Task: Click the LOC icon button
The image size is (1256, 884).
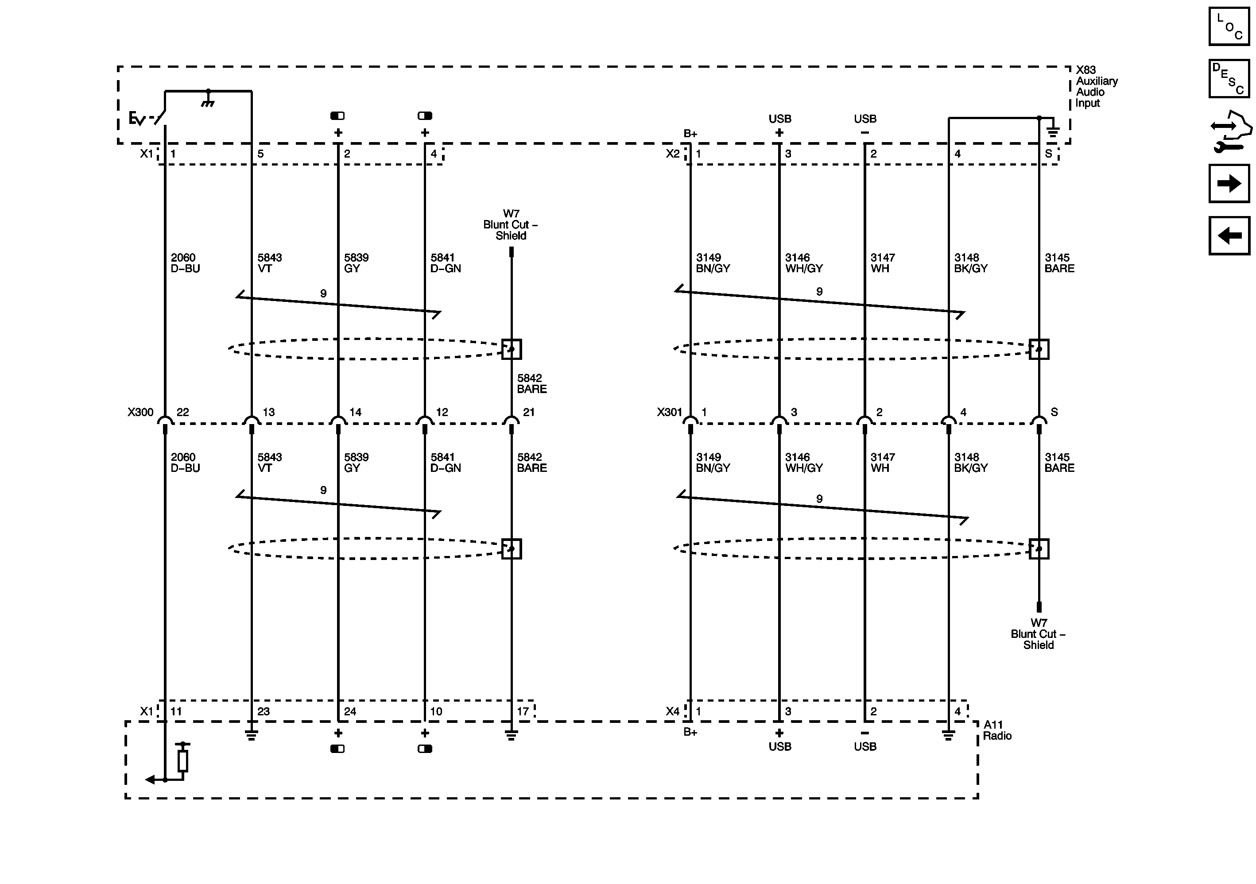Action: point(1229,26)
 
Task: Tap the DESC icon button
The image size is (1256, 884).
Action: point(1229,79)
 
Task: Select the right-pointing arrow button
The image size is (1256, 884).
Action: point(1229,183)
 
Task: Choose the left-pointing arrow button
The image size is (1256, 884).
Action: point(1229,235)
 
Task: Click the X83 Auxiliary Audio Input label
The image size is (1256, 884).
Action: point(1096,86)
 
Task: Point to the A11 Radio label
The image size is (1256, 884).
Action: point(997,730)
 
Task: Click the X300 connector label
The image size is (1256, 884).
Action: point(140,412)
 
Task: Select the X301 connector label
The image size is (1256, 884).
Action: point(670,412)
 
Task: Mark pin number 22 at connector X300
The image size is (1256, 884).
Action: point(183,412)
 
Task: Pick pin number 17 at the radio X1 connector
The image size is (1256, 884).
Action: point(523,711)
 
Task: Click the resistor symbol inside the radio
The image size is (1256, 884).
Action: point(183,760)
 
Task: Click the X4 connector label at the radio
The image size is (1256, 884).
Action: point(672,711)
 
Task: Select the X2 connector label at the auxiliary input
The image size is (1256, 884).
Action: point(672,154)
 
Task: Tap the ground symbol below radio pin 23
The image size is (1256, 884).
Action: point(251,735)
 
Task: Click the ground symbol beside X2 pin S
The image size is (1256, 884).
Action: point(1053,131)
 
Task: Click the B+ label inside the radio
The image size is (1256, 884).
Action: point(690,732)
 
